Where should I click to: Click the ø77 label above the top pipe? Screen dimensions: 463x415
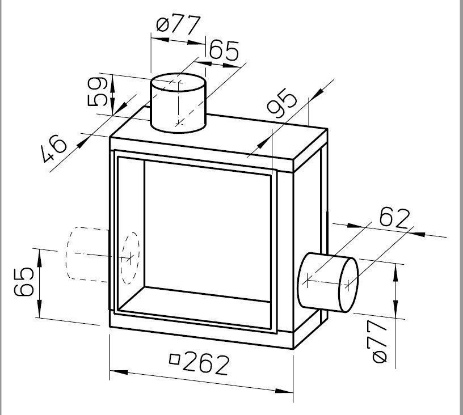coord(179,24)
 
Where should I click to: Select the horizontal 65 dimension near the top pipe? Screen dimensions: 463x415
coord(224,50)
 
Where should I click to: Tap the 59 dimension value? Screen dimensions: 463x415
coord(98,91)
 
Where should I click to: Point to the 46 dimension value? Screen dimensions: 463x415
coord(54,149)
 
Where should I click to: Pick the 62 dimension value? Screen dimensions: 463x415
coord(395,219)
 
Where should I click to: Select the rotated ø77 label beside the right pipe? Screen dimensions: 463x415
coord(380,341)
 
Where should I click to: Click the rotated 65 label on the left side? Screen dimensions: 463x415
coord(24,282)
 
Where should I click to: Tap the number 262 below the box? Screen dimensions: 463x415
coord(206,365)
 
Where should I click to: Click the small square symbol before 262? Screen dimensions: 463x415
coord(175,359)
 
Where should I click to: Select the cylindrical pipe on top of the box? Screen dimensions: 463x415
coord(178,103)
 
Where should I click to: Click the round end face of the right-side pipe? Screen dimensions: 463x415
coord(349,285)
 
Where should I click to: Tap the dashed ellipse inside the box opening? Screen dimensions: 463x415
coord(130,258)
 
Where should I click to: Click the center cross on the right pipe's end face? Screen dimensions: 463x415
coord(348,285)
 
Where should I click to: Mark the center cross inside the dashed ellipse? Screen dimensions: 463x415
coord(129,259)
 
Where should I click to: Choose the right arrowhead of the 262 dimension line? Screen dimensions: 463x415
coord(284,391)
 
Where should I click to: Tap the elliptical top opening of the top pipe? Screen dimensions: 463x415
coord(178,82)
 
